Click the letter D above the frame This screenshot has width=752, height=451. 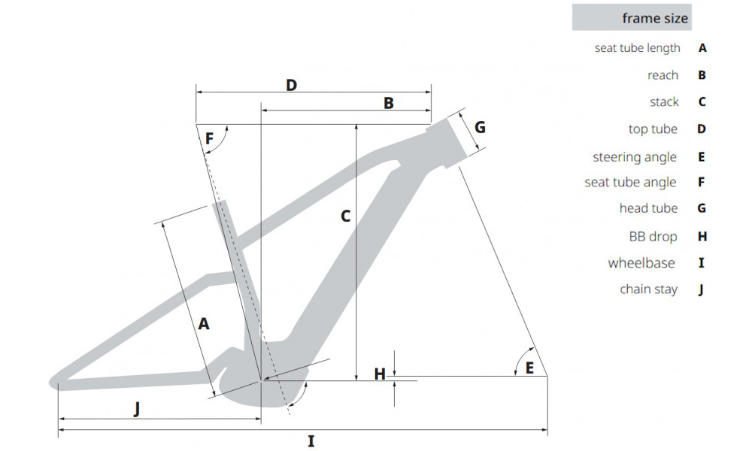coord(291,85)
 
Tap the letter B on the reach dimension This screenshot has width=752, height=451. coord(389,103)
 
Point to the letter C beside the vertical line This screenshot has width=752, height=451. coord(345,216)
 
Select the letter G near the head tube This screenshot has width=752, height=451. coord(480,127)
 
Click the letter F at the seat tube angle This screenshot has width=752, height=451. coord(209,138)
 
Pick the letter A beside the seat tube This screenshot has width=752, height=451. coord(204,324)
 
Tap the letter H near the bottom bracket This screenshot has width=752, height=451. coord(380,374)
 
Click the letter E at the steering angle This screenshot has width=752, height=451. coord(529,368)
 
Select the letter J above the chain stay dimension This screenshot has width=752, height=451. coord(137,409)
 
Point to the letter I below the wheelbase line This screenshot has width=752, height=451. coord(311,441)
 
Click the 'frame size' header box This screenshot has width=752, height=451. coord(632,17)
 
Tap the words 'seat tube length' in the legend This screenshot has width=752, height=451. coord(638,48)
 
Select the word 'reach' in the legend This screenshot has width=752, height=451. coord(663,75)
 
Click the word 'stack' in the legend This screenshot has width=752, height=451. coord(664,101)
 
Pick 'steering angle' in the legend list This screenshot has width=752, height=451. coord(635,157)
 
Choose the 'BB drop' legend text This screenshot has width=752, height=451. coord(653,236)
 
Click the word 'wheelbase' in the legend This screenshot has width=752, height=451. coord(641,262)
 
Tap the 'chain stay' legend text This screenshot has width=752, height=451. coord(648,289)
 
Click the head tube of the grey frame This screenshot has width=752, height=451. coord(445,142)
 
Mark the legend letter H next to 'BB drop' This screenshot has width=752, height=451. coord(702,236)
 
